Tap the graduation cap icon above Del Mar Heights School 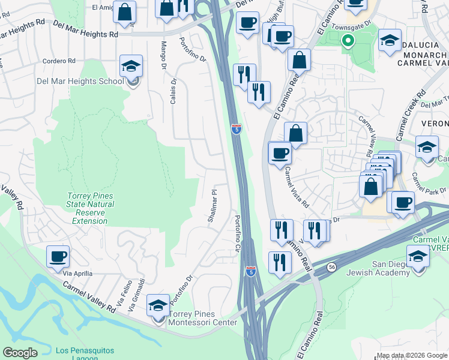coord(131,66)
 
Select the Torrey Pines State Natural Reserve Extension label coord(89,208)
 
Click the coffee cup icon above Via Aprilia coord(58,257)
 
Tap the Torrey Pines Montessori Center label coord(203,318)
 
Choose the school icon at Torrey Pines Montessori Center coord(158,306)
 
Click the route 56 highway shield coord(331,266)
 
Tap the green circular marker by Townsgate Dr coord(348,41)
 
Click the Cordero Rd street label coord(59,61)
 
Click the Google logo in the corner coord(20,352)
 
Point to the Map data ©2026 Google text coord(411,355)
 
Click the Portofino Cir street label coord(238,234)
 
